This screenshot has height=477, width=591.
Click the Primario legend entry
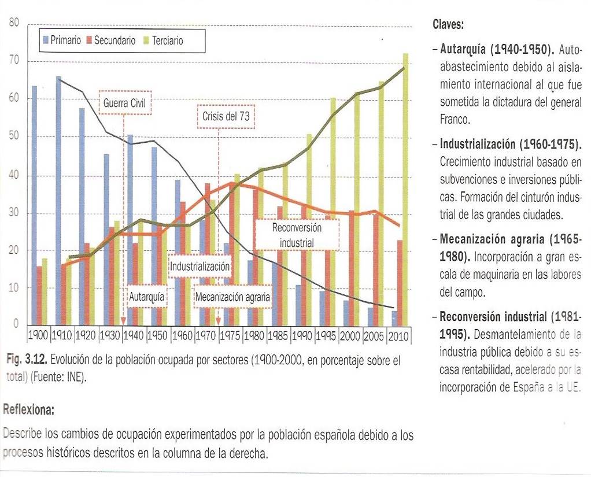(62, 40)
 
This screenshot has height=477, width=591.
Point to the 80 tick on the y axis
(14, 24)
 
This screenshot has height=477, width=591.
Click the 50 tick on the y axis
(14, 137)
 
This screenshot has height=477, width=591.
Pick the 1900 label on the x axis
(39, 335)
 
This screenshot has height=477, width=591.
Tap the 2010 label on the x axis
(398, 335)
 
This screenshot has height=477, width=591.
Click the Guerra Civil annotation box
(124, 103)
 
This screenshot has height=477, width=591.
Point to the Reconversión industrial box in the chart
(296, 235)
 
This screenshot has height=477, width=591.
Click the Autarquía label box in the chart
(147, 297)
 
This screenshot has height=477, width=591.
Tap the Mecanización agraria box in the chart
(233, 297)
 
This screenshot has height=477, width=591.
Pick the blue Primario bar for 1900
(34, 205)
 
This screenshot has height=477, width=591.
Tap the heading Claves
(448, 25)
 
